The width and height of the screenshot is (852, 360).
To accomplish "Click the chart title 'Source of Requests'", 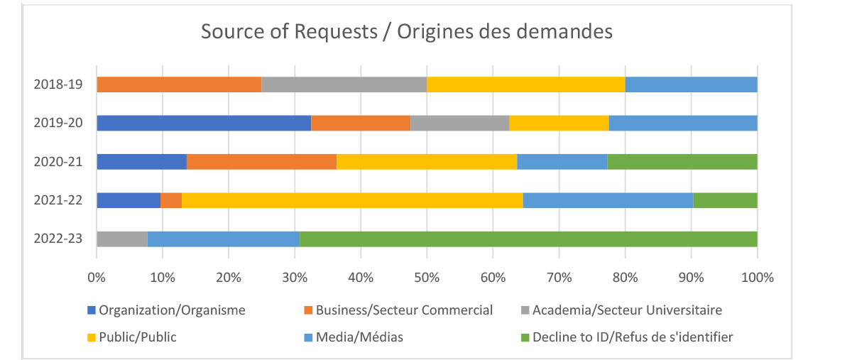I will pos(406,32).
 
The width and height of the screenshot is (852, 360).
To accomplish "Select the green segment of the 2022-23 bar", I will pos(528,239).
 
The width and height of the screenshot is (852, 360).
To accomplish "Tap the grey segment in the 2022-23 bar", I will pos(121,239).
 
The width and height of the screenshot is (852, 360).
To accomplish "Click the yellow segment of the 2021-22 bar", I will pos(352,200).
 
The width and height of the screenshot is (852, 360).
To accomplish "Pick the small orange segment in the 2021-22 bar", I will pos(171,200).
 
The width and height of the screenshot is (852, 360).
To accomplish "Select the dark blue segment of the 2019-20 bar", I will pos(204,123).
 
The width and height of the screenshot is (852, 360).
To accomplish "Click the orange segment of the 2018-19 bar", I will pos(179,84).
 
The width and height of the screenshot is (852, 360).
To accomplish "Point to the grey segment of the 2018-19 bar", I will pos(344,84).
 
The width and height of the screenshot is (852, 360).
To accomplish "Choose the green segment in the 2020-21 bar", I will pos(682,161).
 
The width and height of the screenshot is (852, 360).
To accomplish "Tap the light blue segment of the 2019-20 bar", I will pos(683,123).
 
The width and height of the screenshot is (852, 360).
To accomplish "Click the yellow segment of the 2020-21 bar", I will pos(426,161).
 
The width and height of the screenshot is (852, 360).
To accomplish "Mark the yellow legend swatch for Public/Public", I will pos(91,337).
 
